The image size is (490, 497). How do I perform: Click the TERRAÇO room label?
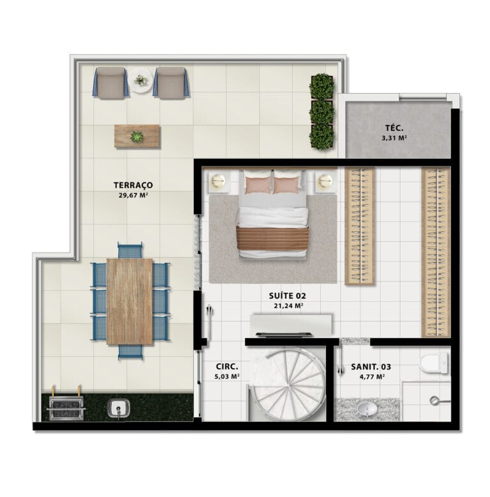133,185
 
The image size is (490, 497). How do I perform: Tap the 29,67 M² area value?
133,195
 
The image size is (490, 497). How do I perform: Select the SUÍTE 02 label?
288,296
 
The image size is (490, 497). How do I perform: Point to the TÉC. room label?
394,128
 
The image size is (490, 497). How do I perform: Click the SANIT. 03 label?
371,367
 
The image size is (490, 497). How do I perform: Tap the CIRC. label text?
227,366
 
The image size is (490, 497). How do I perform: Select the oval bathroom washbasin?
367,409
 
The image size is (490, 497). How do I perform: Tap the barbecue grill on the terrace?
66,408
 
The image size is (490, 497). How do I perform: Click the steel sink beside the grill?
119,408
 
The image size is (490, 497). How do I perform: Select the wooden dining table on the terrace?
130,301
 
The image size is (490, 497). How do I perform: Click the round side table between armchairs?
141,80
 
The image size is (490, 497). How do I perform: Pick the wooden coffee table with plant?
137,137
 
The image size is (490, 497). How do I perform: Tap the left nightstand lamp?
218,181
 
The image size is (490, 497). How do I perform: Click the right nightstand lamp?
325,181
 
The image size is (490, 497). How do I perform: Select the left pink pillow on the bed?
258,185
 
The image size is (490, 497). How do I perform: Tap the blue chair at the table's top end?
130,250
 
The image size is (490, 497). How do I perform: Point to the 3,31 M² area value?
394,138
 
